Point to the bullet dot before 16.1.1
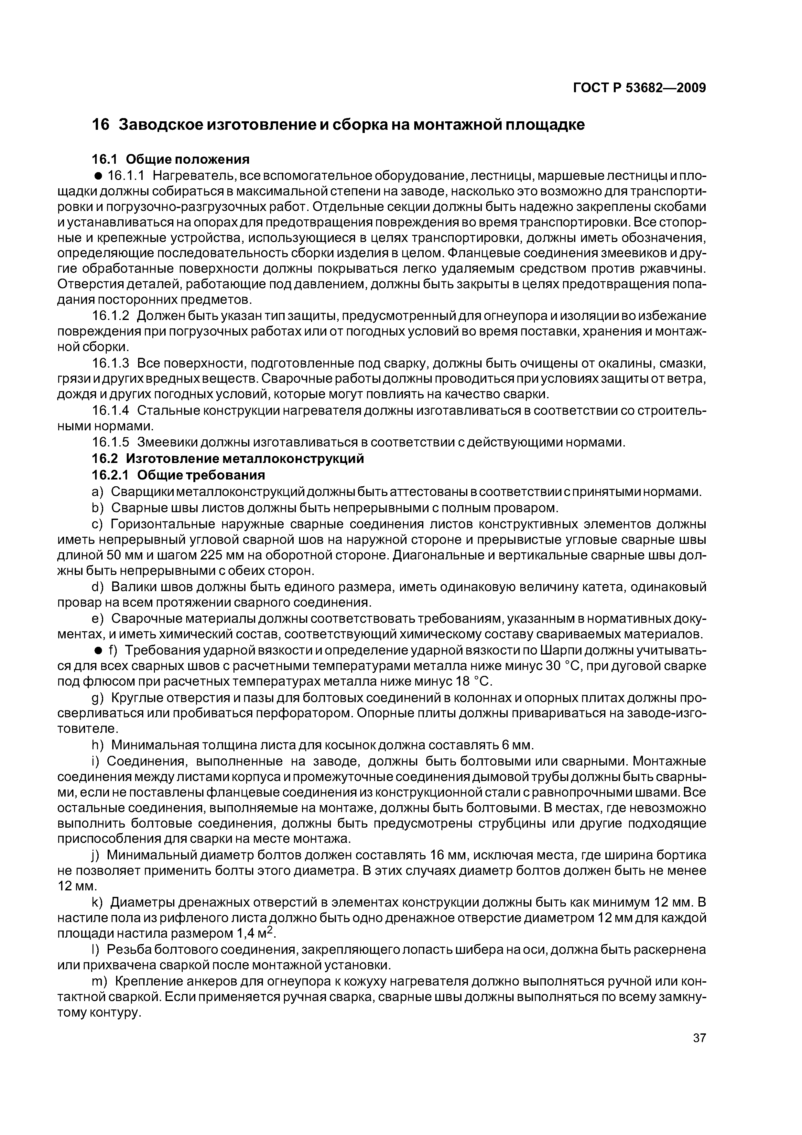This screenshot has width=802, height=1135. click(98, 176)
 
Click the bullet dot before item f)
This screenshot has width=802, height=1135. click(98, 651)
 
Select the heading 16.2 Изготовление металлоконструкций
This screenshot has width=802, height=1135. click(228, 459)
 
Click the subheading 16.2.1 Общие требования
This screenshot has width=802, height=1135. click(179, 475)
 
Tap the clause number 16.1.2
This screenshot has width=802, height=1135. click(111, 316)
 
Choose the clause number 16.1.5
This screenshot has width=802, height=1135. click(111, 442)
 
